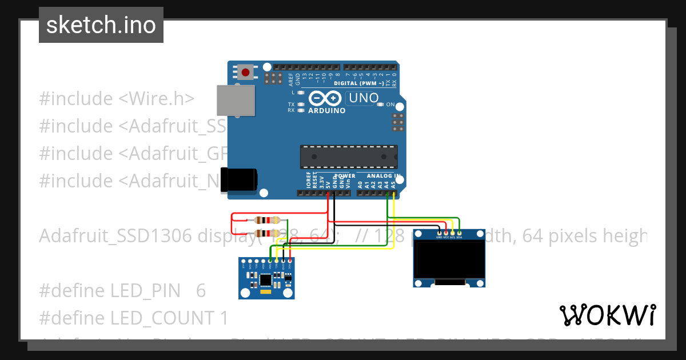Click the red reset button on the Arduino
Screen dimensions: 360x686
click(x=246, y=73)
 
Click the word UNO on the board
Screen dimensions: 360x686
click(x=364, y=98)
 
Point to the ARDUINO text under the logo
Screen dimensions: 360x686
click(x=327, y=111)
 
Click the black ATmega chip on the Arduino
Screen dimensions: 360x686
click(x=349, y=157)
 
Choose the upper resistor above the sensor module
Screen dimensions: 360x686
click(x=267, y=220)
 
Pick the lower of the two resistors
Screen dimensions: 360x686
click(x=267, y=233)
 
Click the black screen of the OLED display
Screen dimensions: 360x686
click(x=449, y=260)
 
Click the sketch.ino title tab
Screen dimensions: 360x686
click(x=101, y=25)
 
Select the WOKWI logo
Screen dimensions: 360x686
click(x=607, y=315)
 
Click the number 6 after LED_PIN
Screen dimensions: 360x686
click(x=201, y=291)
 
